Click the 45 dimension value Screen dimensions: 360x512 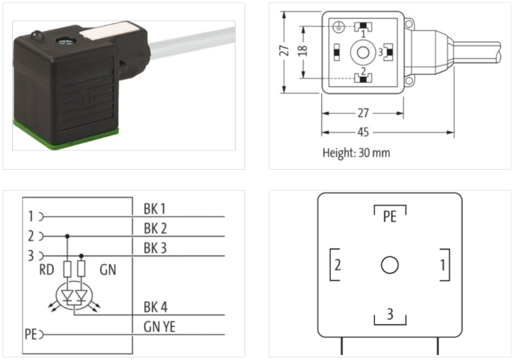coord(363,133)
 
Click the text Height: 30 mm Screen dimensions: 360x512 coord(355,153)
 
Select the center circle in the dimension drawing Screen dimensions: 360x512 coord(363,52)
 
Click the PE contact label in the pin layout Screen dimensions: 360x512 coord(390,216)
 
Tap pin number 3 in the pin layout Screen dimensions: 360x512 coord(389,313)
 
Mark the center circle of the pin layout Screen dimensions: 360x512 coord(390,265)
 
